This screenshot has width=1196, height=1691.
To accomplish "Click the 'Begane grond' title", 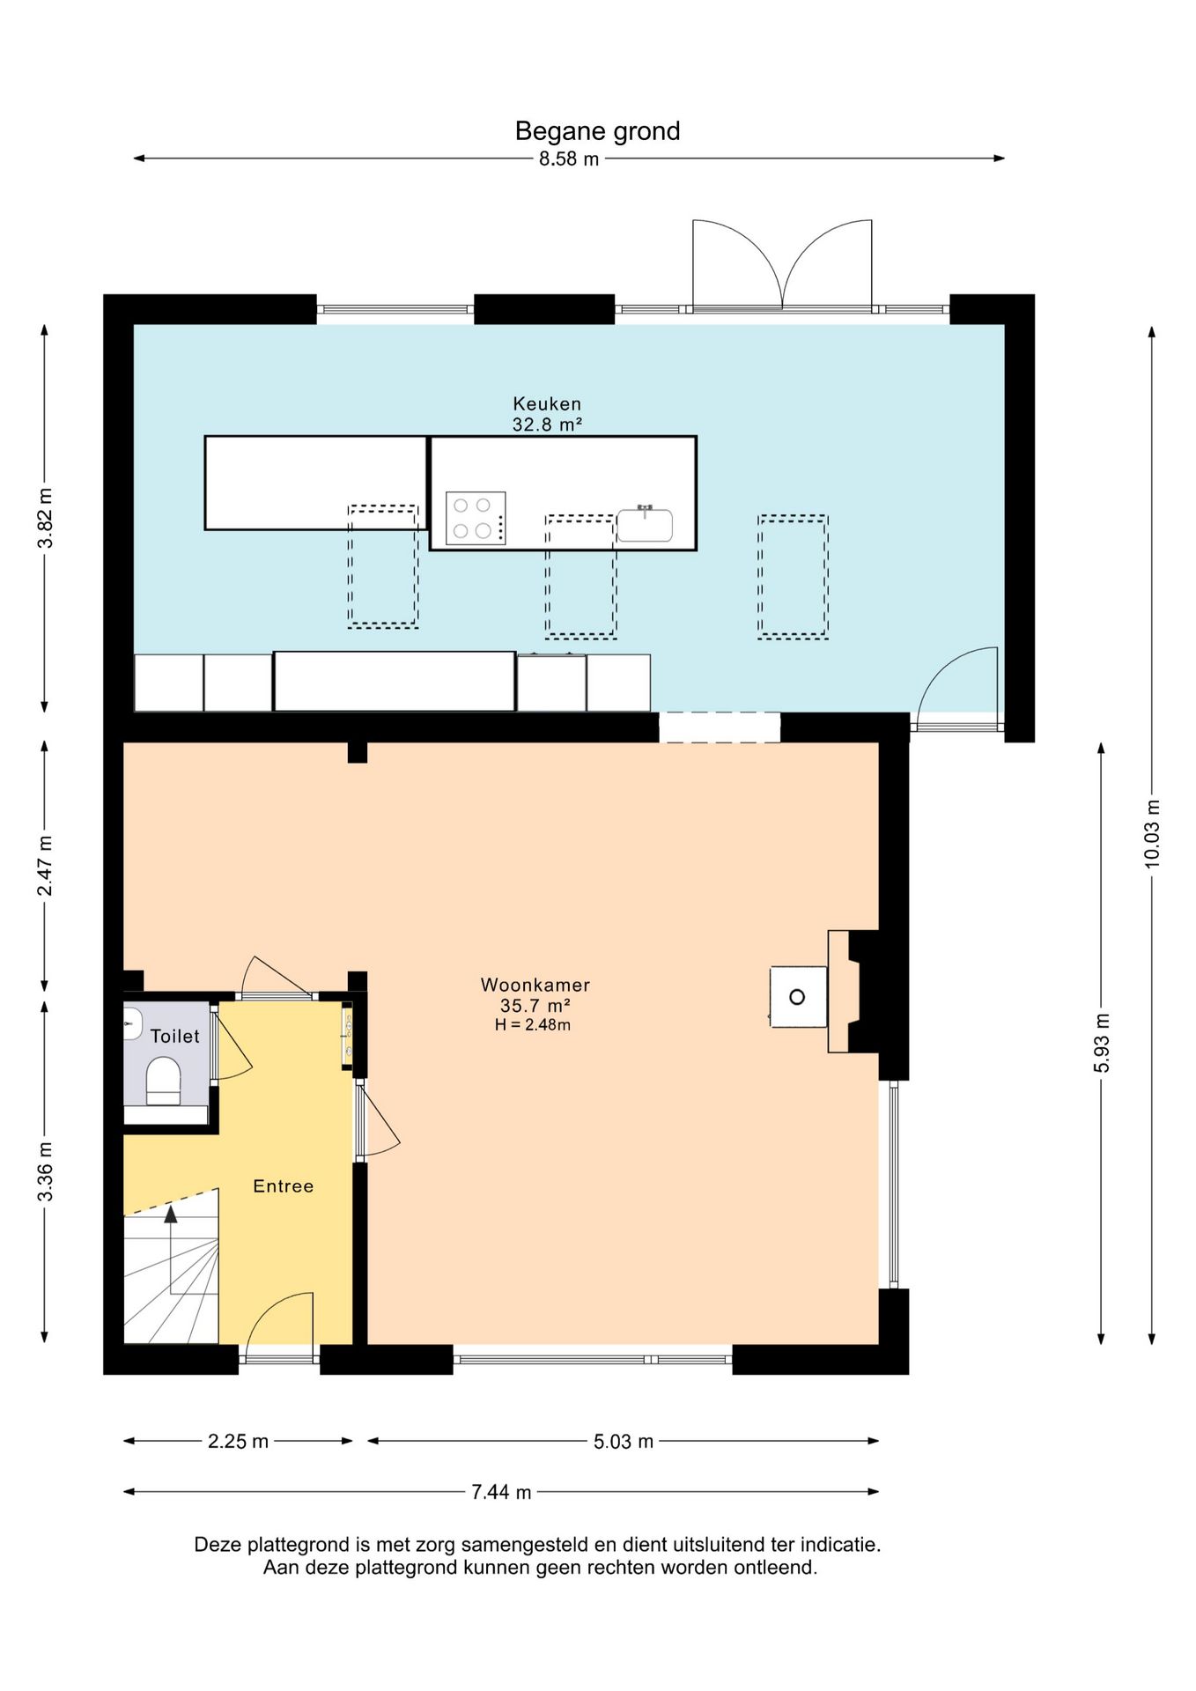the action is [x=597, y=131].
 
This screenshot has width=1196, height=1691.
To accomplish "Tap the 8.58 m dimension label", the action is [x=569, y=159].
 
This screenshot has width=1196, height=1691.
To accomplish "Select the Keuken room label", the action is [x=547, y=404].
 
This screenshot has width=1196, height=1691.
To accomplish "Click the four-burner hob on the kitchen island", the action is [x=476, y=518].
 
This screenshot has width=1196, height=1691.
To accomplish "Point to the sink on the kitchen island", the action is [x=645, y=524].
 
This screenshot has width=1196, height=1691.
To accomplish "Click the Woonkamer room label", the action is [x=535, y=985].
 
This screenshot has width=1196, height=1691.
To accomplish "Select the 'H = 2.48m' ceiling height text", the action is [x=533, y=1025].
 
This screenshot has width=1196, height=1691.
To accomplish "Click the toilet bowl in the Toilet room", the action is [x=163, y=1081].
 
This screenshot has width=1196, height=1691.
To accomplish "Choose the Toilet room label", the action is [x=175, y=1037].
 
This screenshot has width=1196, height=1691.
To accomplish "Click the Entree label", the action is [x=284, y=1186].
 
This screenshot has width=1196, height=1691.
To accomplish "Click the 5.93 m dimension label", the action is [x=1102, y=1044].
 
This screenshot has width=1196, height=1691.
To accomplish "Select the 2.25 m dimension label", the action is [x=238, y=1442].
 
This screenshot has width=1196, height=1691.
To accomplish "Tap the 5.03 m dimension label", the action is [x=624, y=1442].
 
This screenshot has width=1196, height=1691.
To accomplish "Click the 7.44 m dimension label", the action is [x=501, y=1492].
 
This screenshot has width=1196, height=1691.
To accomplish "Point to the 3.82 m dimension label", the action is [x=45, y=518].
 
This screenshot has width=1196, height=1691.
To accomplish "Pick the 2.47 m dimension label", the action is [x=45, y=866].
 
